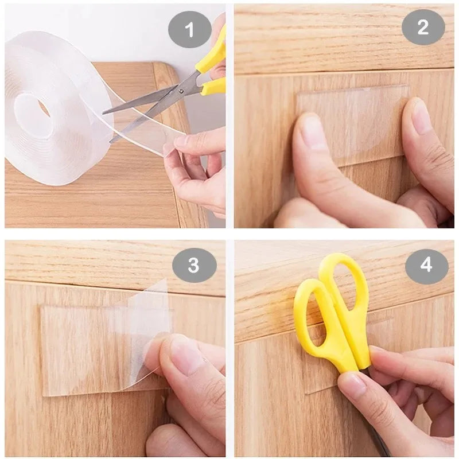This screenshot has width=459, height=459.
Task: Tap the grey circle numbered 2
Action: pos(423,26)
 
